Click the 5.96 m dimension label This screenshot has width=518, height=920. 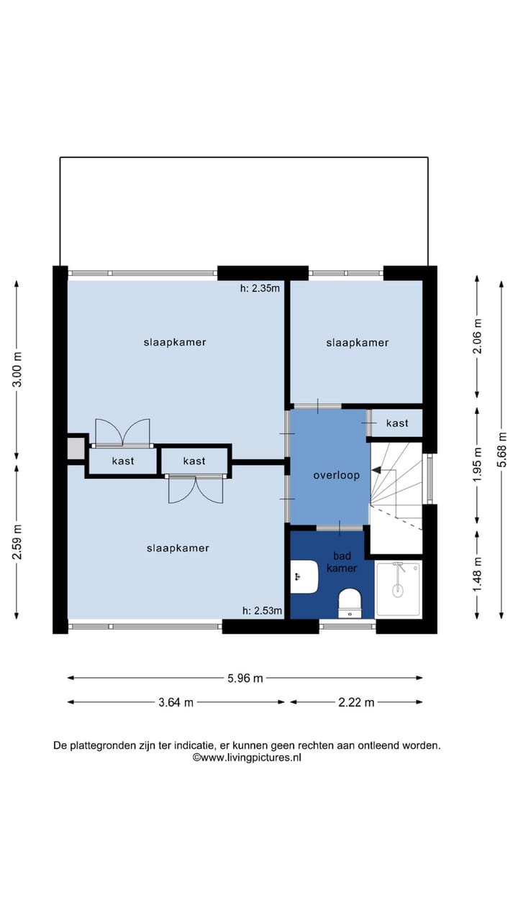point(245,678)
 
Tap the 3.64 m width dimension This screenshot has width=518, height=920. point(176,702)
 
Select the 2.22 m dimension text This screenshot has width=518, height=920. point(356,702)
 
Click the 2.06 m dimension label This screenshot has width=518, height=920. point(476,335)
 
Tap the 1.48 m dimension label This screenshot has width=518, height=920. point(476,575)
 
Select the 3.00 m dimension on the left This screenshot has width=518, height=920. point(17,370)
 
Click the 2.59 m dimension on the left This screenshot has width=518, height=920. point(17,541)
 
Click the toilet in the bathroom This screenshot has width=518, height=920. point(350,602)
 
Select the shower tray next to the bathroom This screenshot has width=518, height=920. point(399,589)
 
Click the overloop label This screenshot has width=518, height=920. point(336,475)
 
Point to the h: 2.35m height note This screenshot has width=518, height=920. point(260,289)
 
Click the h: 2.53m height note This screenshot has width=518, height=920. point(262,611)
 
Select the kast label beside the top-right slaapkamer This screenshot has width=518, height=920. point(397,423)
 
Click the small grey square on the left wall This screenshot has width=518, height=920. point(76,449)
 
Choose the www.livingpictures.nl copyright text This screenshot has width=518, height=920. point(247,757)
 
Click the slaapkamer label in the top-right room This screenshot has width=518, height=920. point(357,343)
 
